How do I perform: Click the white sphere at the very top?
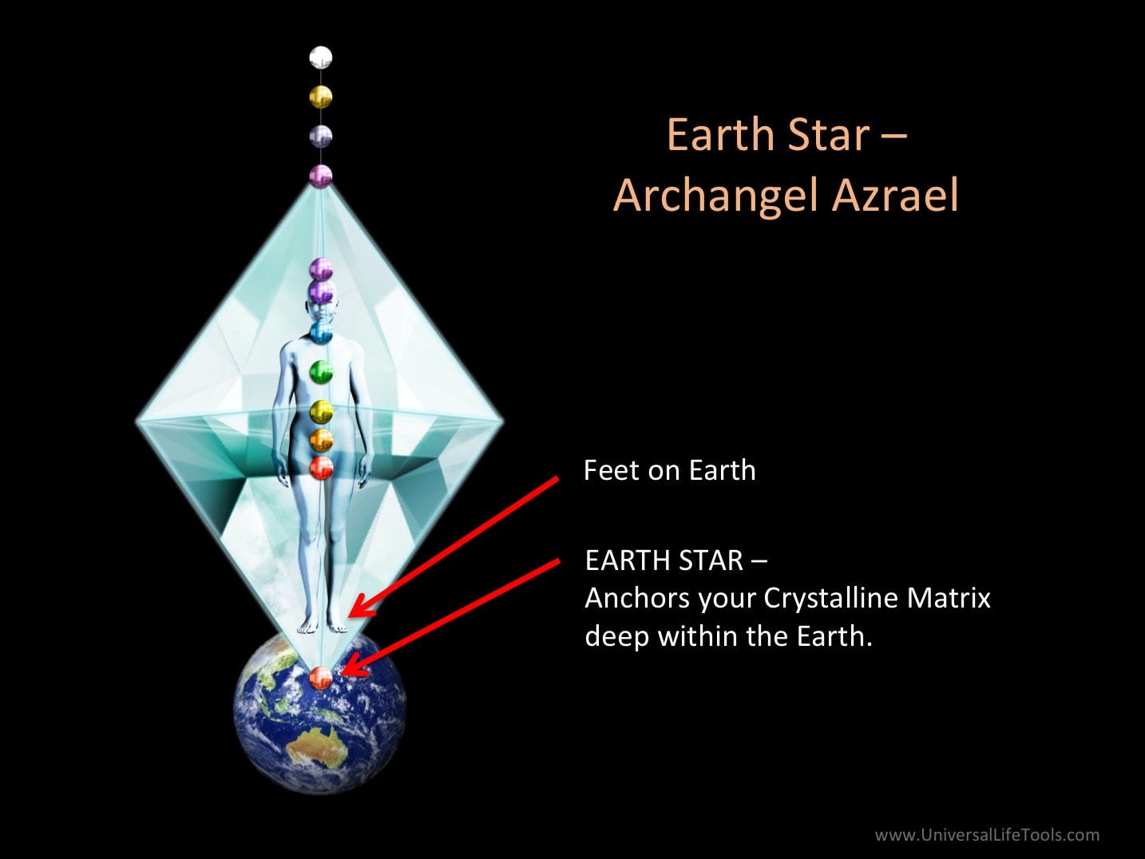point(320,57)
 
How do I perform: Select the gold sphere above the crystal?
point(320,97)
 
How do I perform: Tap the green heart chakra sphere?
point(321,372)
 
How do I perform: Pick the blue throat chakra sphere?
point(321,332)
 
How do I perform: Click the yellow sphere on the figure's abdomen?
point(321,412)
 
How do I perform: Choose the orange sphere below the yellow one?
point(321,440)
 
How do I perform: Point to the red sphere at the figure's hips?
point(321,468)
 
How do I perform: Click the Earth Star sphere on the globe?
point(320,678)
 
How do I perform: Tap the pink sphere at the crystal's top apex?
point(320,176)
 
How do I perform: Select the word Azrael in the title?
point(894,195)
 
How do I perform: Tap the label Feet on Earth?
point(670,470)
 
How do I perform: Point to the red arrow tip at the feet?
point(351,614)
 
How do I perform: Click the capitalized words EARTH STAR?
point(664,560)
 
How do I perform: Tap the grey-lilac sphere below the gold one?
point(320,137)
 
